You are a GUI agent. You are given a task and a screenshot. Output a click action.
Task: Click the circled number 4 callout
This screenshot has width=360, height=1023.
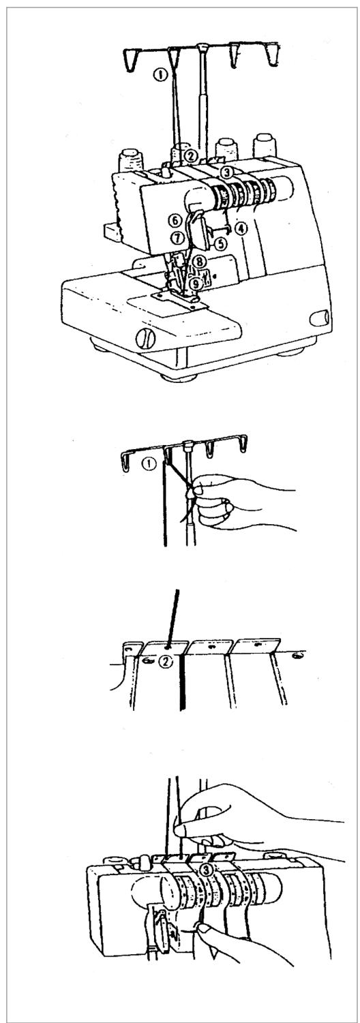coord(241,227)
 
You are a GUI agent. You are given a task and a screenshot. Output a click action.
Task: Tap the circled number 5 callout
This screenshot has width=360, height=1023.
coord(221,243)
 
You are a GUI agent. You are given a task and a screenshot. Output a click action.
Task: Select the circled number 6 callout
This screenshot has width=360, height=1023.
coord(173,219)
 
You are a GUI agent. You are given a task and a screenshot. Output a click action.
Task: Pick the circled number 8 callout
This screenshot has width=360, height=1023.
coord(198,262)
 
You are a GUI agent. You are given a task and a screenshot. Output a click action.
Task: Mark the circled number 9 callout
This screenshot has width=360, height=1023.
coord(196,283)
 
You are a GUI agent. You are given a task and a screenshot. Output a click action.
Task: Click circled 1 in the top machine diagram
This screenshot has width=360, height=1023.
coord(160,74)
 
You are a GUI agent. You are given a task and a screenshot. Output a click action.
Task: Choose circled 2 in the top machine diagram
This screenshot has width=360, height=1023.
coord(192,156)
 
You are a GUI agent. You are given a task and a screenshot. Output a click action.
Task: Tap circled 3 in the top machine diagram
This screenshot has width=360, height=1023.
coord(227,172)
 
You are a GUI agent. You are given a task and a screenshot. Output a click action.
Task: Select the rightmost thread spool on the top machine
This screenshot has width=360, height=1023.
coord(264,145)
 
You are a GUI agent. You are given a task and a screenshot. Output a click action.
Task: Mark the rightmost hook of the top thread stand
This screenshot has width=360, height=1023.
coord(271,55)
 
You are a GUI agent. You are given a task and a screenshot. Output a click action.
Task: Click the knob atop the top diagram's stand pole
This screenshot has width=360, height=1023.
coord(201,46)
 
